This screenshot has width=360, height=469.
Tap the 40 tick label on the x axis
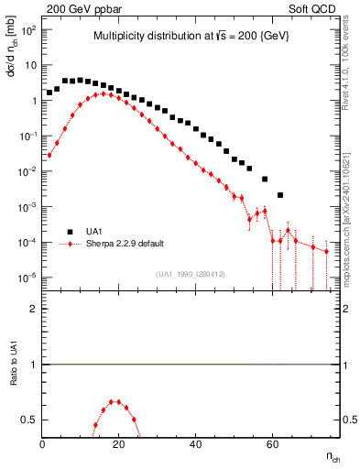click(x=195, y=443)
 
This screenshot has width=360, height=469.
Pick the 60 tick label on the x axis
click(x=272, y=443)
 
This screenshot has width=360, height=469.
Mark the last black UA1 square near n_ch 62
click(x=280, y=194)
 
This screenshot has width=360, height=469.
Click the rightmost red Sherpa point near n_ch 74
click(x=326, y=251)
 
